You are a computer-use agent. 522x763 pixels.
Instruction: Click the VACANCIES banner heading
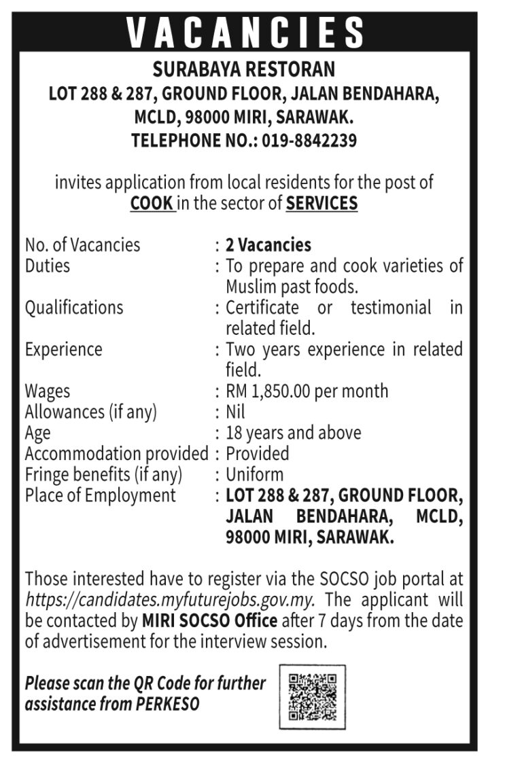[x=245, y=31]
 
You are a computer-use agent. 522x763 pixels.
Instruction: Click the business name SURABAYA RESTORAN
[x=244, y=69]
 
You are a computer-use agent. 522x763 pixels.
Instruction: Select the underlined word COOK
[x=152, y=203]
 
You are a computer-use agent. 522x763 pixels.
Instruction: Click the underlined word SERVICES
[x=321, y=203]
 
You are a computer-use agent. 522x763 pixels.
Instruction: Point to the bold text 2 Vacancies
[x=268, y=245]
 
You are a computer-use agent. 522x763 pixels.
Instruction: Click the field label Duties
[x=47, y=265]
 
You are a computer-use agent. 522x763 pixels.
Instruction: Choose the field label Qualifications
[x=74, y=307]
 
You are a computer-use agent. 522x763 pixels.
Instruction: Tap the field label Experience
[x=63, y=349]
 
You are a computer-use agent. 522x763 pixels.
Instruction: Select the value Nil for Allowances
[x=235, y=412]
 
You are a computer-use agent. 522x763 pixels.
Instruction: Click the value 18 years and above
[x=294, y=433]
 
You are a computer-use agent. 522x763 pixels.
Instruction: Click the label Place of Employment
[x=100, y=495]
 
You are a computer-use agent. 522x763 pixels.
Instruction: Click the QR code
[x=312, y=696]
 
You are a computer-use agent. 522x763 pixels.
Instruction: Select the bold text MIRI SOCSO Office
[x=209, y=621]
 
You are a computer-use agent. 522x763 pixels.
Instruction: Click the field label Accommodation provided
[x=116, y=453]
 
